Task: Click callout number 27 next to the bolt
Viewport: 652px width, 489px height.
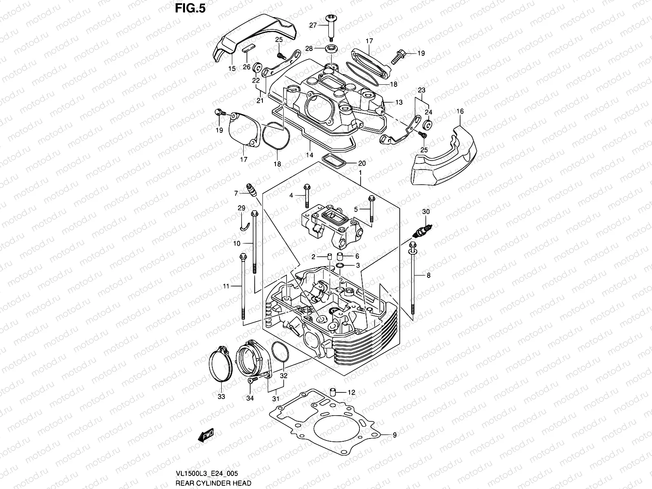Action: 313,25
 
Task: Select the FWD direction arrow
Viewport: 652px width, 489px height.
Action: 206,436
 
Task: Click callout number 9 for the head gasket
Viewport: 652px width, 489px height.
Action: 394,436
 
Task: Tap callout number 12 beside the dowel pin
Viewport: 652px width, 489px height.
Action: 351,393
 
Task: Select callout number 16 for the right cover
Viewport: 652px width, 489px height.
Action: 460,111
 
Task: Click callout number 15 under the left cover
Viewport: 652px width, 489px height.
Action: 232,68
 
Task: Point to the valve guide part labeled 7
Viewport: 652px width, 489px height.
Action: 251,189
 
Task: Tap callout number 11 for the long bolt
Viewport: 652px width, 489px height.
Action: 226,286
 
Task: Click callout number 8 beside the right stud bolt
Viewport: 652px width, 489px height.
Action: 428,275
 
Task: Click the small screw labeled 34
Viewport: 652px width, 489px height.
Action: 251,379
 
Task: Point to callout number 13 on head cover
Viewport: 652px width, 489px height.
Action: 399,102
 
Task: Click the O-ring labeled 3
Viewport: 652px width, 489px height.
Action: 339,266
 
